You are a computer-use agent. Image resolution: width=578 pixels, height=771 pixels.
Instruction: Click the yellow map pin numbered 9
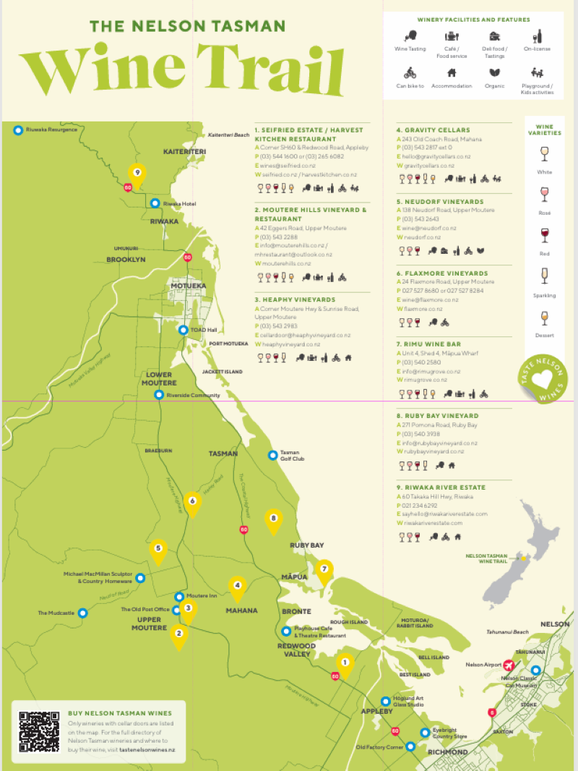tap(137, 174)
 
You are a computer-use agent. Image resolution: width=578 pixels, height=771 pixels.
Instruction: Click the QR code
tap(38, 731)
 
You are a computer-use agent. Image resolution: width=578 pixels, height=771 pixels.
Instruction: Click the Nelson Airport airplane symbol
tap(509, 665)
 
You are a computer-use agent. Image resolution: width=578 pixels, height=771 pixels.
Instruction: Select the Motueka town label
tap(188, 286)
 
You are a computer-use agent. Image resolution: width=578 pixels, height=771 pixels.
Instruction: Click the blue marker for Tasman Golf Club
tap(272, 455)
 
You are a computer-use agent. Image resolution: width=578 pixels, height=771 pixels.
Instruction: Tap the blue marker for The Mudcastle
tap(82, 613)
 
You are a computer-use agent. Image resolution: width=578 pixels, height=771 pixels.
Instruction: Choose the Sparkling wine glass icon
tap(544, 276)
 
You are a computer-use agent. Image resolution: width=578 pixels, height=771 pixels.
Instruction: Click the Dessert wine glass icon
tap(544, 318)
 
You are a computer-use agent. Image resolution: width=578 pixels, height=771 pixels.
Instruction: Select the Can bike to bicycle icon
tap(410, 73)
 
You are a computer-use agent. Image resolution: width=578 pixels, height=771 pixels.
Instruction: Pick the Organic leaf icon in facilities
tap(495, 73)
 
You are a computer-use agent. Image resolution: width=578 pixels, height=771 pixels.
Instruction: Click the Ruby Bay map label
tap(307, 545)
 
